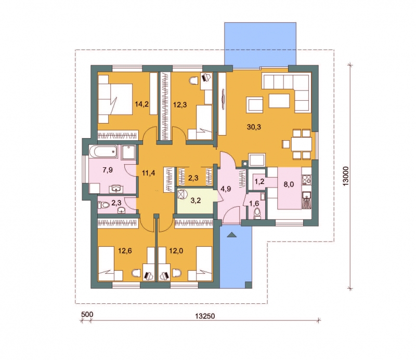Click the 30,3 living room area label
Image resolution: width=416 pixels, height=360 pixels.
254,127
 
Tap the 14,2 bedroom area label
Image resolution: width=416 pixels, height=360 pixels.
141,104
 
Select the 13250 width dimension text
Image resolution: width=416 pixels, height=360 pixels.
205,316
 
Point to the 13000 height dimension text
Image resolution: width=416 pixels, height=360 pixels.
346,176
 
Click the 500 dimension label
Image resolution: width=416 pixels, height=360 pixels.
87,314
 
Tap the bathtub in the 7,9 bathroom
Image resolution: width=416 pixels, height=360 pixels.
103,152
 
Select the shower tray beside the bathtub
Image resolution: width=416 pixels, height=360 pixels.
128,152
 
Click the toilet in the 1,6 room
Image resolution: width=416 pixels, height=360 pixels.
257,214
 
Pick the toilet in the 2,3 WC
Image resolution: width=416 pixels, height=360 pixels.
104,205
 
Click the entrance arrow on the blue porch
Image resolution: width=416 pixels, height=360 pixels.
231,235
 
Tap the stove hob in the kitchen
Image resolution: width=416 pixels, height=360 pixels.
306,179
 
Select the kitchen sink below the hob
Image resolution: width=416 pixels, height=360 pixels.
307,197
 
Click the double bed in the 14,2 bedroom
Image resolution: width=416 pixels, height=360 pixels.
115,99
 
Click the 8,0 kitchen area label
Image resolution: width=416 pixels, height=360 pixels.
289,184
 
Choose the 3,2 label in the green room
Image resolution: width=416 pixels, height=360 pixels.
196,201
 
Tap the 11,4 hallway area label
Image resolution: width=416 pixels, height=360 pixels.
149,173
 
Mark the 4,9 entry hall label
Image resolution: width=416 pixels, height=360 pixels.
226,189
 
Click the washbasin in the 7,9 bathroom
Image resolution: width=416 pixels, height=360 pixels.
116,189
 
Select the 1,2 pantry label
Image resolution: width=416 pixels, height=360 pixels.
259,182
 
